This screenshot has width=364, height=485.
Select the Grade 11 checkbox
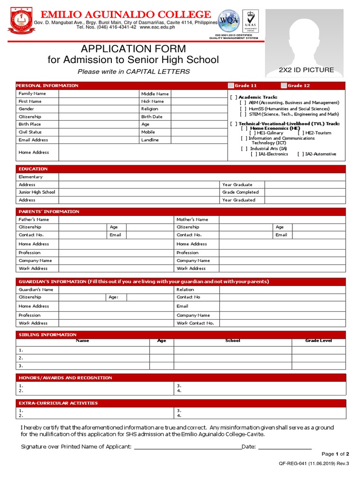(x=231, y=85)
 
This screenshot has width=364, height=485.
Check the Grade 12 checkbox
(x=283, y=85)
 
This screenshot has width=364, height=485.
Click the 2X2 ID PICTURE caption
(x=306, y=70)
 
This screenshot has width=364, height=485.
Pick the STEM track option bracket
(x=243, y=114)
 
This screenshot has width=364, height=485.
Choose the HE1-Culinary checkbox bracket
(x=252, y=133)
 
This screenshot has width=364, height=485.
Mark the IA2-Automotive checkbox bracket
(x=300, y=154)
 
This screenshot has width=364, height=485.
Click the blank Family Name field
(x=98, y=94)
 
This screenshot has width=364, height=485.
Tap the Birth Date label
(x=152, y=117)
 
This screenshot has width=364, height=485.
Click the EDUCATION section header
(x=33, y=169)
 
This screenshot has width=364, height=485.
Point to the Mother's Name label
(x=192, y=219)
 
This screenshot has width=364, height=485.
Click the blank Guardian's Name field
(x=116, y=289)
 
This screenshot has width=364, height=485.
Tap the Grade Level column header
(x=318, y=341)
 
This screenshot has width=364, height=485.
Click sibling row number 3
(x=21, y=366)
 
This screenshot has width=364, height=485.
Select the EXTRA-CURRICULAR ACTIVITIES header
(x=58, y=403)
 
